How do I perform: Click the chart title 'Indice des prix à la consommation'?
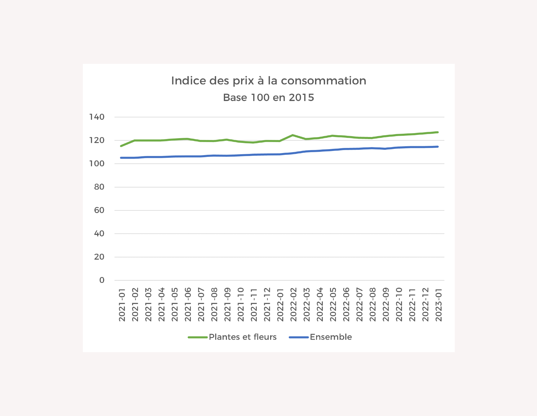coord(269,81)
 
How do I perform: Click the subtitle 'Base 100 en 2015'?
coord(269,97)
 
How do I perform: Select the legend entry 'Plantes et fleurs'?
coord(243,337)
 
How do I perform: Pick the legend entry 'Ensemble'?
coord(331,337)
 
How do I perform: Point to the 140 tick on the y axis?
coord(97,117)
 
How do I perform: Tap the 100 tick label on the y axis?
coord(97,164)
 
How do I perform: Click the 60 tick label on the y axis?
coord(99,210)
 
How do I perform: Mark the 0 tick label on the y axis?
coord(102,280)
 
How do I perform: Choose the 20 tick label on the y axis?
coord(99,257)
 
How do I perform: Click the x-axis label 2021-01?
coord(122,305)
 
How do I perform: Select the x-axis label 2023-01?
coord(438,305)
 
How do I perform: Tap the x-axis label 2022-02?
coord(293,305)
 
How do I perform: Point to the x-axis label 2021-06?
coord(188,305)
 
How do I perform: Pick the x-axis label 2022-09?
coord(386,305)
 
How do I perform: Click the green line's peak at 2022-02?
coord(293,135)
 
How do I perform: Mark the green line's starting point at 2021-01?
coord(121,146)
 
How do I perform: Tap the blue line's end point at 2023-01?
coord(438,146)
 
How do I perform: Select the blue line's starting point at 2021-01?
coord(121,158)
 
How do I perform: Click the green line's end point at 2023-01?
coord(438,132)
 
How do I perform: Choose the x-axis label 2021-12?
coord(267,305)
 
